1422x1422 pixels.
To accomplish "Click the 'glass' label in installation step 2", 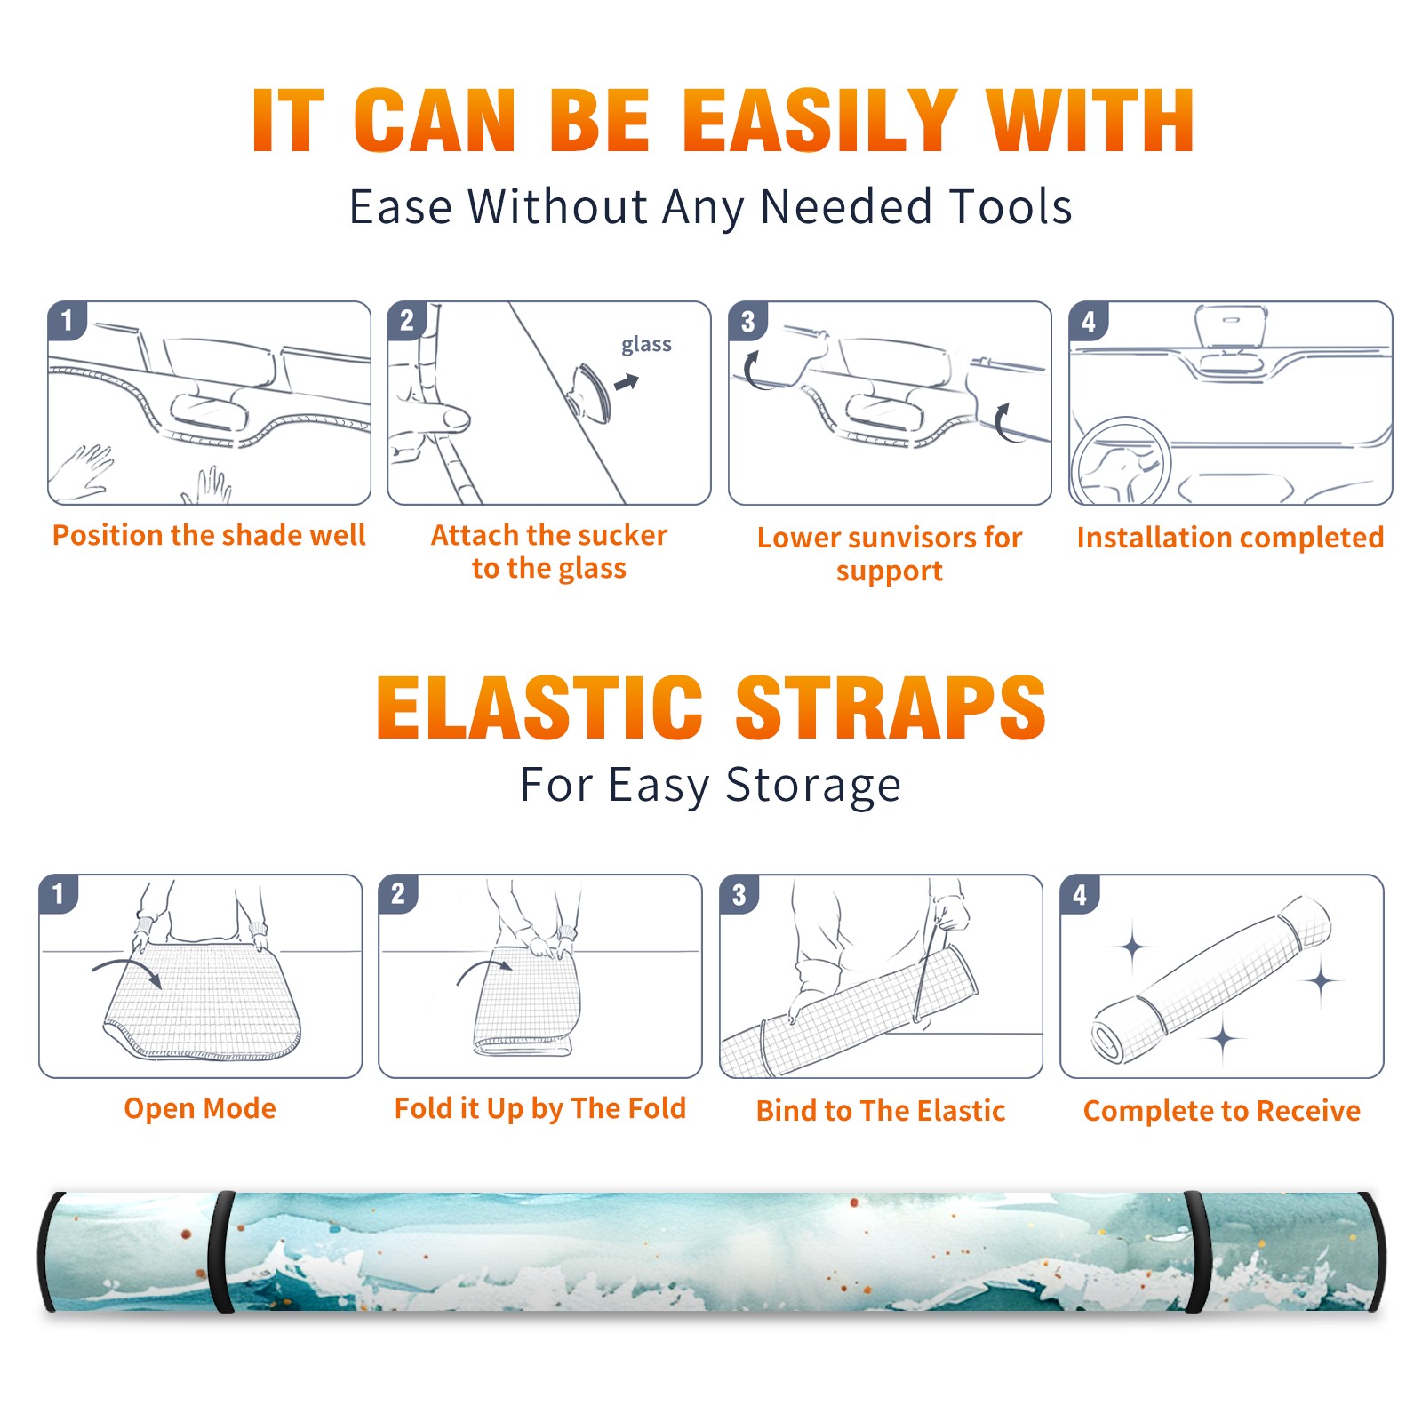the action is coord(646,345).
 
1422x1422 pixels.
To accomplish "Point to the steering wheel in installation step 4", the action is coord(1121,462).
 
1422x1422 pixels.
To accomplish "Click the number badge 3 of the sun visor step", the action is coord(747,322).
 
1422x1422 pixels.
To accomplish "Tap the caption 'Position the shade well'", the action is coord(209,535).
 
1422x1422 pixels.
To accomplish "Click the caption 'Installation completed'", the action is coord(1230,538).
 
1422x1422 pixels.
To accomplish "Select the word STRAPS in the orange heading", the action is coord(891,707).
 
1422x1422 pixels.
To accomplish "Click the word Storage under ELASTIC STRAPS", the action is coord(813,786).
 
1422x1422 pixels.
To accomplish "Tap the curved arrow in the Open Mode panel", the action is coord(126,971).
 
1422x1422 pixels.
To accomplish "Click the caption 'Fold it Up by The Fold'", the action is coord(540,1109).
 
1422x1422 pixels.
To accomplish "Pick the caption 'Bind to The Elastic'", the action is coord(881,1111).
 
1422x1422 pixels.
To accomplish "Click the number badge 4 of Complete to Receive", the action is coord(1080,895).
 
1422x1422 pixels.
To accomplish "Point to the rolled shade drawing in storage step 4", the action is coord(1211,979).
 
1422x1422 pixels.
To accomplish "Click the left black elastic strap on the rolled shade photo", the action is coord(221,1251).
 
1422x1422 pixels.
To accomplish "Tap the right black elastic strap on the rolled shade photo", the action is coord(1198,1251).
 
